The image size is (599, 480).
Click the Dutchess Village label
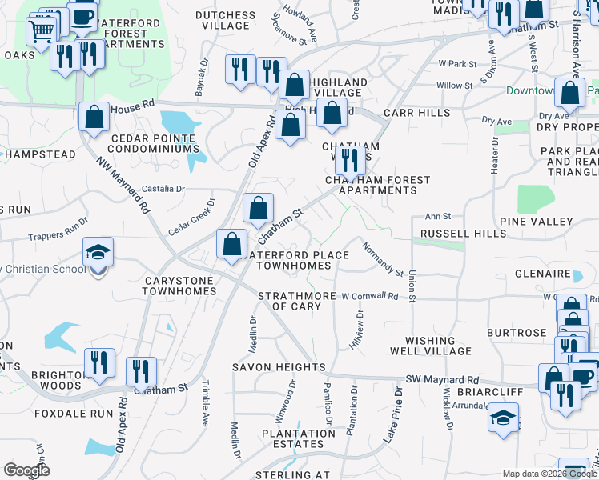pos(226,20)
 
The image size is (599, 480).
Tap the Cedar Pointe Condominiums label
pos(151,142)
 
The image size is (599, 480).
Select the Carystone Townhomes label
pos(179,286)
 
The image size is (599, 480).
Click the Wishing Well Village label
pos(431,346)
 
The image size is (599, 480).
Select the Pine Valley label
pos(536,221)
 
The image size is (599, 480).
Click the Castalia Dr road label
pos(163,189)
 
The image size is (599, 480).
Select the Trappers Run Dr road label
pos(57,229)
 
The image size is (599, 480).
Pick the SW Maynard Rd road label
pos(442,379)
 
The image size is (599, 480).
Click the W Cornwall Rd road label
pos(370,296)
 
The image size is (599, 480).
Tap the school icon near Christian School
pos(98,252)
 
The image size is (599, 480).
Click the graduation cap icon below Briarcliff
pos(504,417)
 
